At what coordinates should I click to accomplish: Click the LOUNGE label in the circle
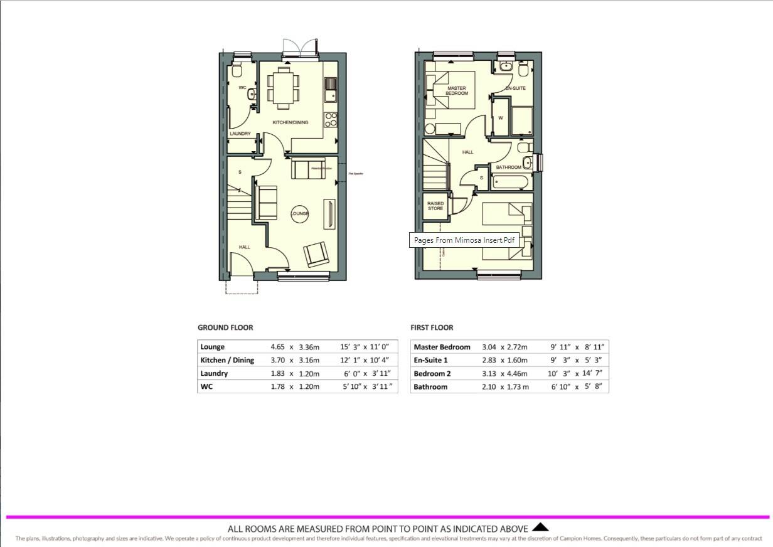pos(300,214)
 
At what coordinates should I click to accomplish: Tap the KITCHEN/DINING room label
pos(290,122)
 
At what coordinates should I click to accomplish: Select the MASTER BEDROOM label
pos(456,91)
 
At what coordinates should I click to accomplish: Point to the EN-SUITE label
pos(515,88)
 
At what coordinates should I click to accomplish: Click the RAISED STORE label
pos(435,206)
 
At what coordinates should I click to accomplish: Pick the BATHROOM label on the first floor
pos(508,167)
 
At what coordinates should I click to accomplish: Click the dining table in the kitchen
pos(284,87)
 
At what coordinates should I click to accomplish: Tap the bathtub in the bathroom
pos(511,183)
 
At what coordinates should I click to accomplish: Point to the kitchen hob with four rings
pos(331,119)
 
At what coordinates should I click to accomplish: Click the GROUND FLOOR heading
pos(225,327)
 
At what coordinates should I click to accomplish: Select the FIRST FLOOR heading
pos(432,327)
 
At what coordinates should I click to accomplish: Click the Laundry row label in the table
pos(214,373)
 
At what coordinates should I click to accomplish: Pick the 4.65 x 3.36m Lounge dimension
pos(294,347)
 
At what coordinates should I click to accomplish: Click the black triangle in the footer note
pos(540,528)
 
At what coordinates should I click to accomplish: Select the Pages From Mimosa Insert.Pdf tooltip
pos(464,240)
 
